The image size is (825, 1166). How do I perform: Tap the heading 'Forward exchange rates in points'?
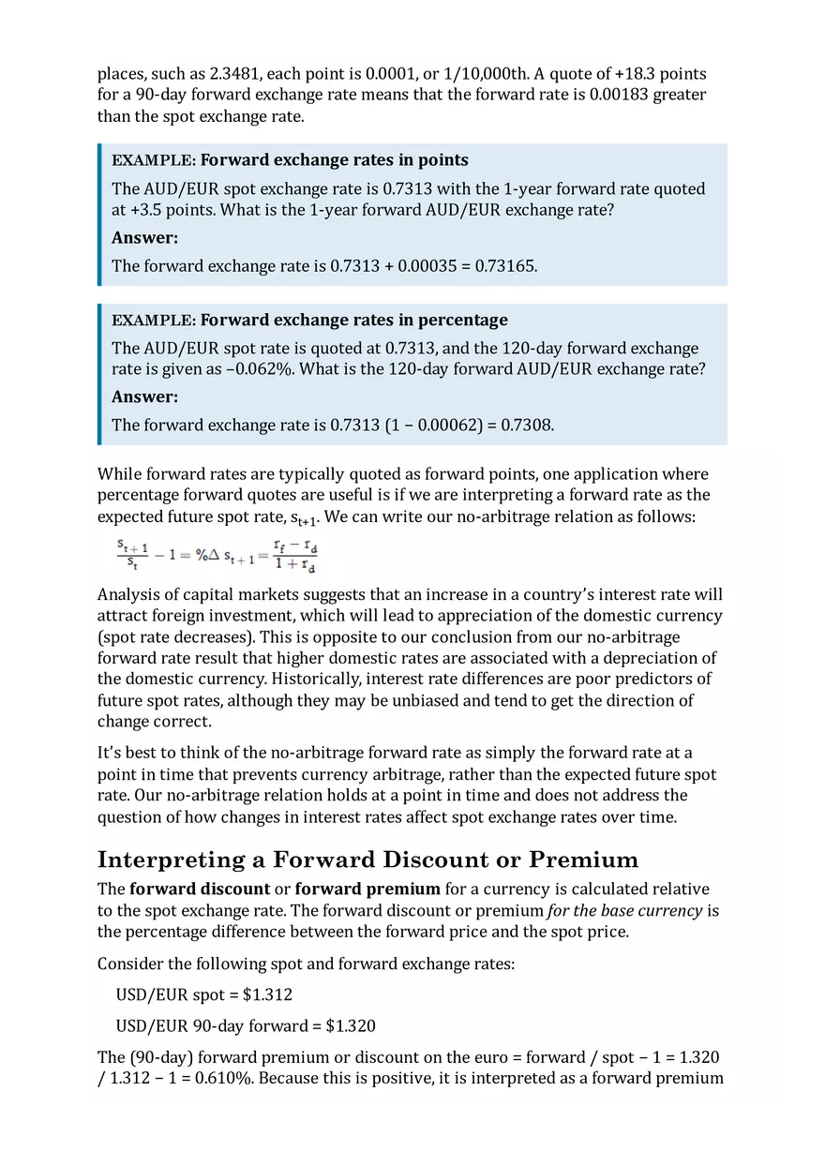[x=334, y=159]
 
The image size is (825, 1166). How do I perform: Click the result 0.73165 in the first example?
[x=505, y=266]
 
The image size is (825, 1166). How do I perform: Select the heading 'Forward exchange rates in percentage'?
[x=353, y=320]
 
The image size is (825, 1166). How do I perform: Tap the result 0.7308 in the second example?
[x=525, y=426]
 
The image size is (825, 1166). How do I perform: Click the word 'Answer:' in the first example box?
[x=144, y=238]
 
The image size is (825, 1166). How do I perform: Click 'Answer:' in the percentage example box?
[x=144, y=397]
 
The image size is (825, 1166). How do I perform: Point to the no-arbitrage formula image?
[x=217, y=555]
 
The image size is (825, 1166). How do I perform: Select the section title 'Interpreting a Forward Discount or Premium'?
[x=367, y=860]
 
